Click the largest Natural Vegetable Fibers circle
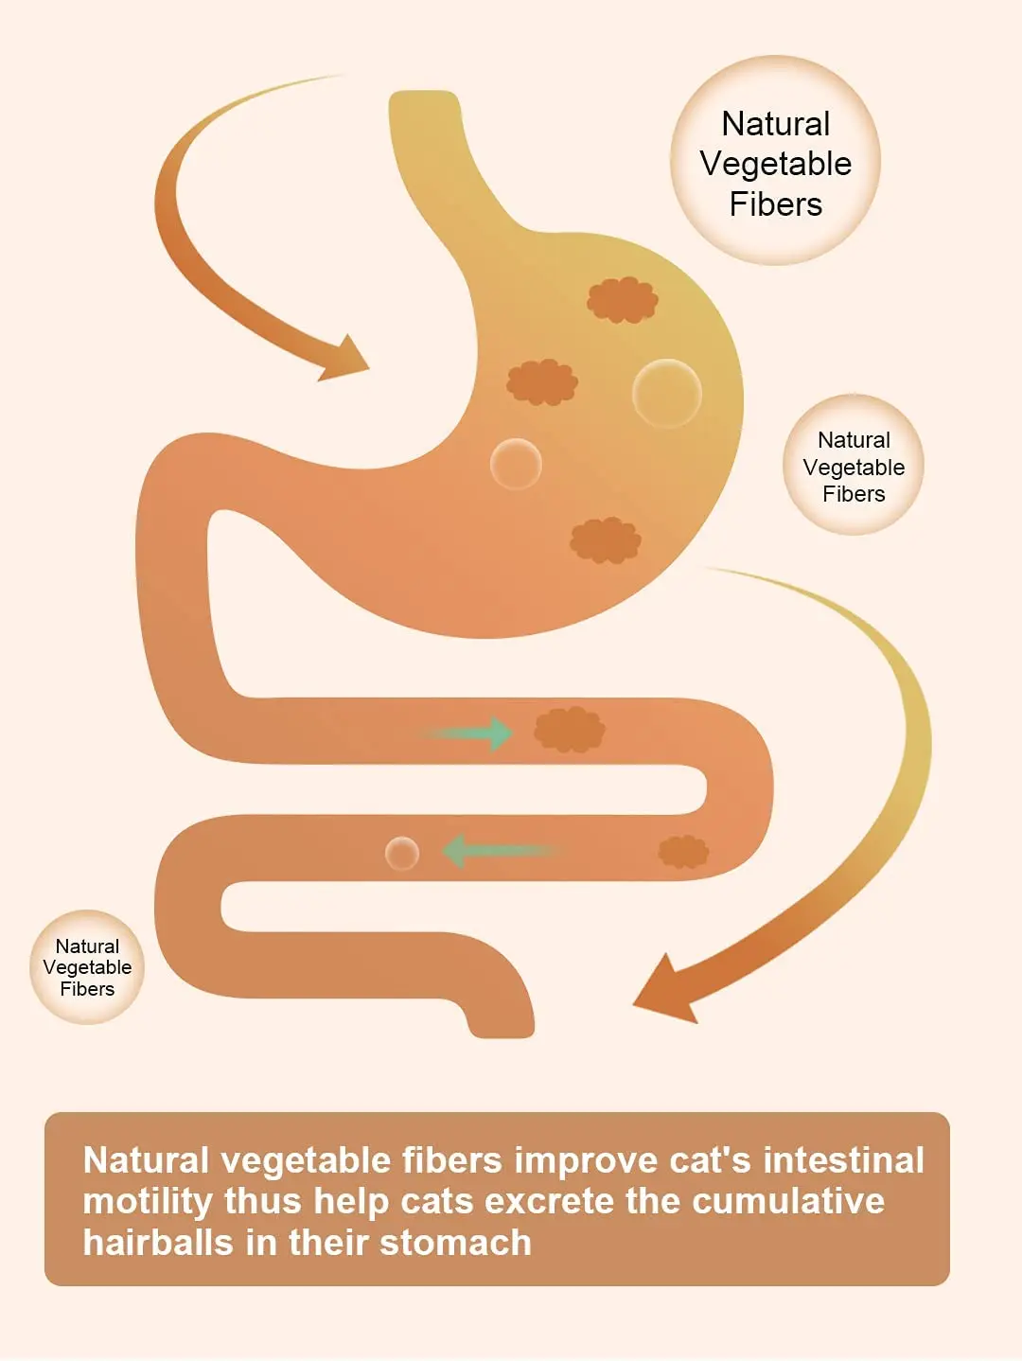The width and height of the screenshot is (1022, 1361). [x=775, y=161]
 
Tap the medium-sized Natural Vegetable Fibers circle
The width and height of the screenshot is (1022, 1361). [x=854, y=466]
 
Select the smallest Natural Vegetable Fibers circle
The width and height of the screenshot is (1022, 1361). [x=87, y=967]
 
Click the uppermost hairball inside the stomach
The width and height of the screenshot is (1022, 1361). [x=622, y=300]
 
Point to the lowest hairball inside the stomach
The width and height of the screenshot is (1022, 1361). [x=606, y=540]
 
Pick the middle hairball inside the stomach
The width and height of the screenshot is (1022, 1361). [x=541, y=382]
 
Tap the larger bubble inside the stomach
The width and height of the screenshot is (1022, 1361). [x=667, y=393]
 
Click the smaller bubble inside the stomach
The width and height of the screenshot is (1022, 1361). [x=516, y=464]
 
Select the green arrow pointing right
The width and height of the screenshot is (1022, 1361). [x=473, y=734]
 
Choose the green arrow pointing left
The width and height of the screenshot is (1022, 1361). [x=497, y=851]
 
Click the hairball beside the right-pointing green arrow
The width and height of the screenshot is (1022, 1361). [x=569, y=730]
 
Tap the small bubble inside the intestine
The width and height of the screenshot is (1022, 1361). [x=402, y=853]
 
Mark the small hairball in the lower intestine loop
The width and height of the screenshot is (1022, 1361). [x=683, y=852]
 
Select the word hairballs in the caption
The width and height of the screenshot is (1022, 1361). [x=157, y=1243]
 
